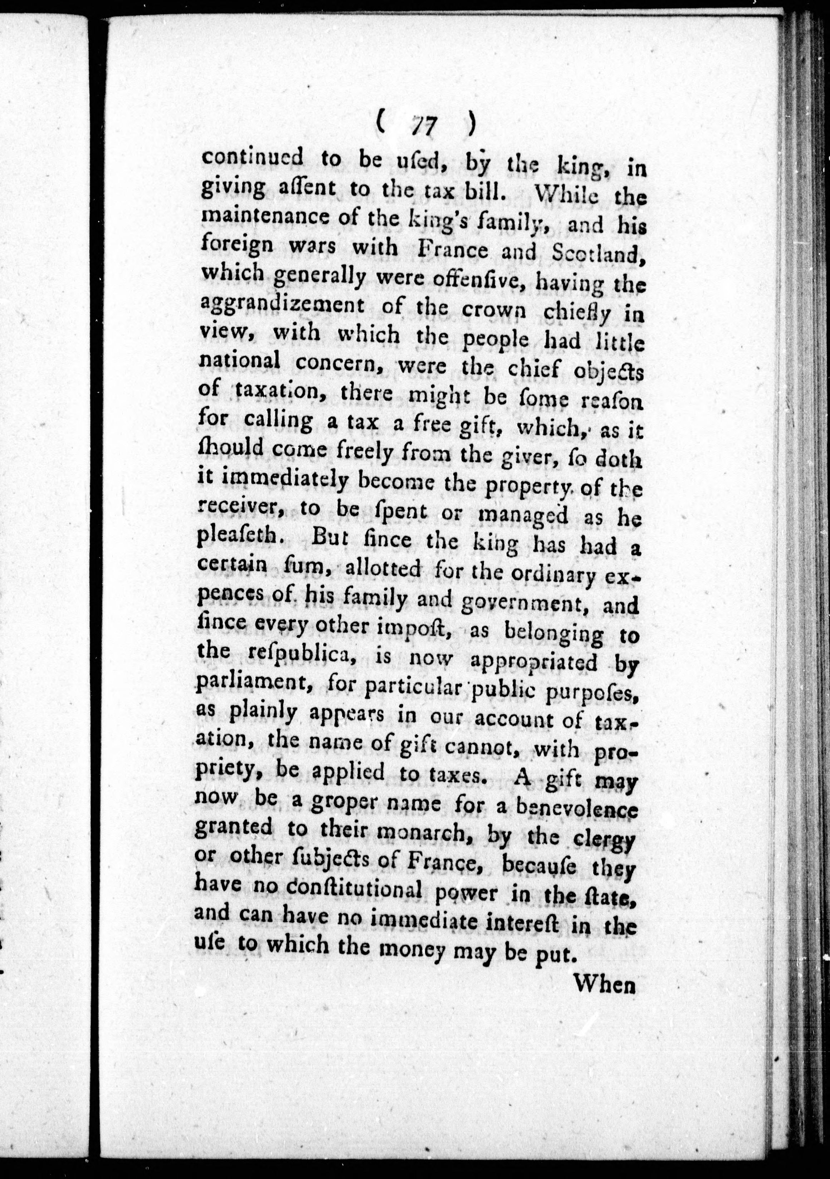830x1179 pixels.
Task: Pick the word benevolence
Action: click(x=576, y=809)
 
